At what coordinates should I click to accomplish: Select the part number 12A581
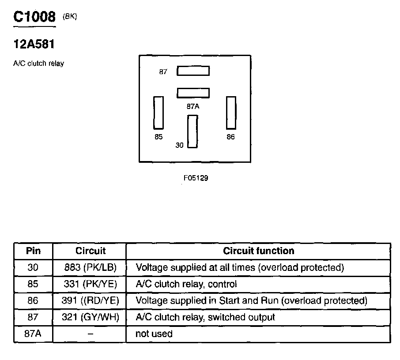[34, 44]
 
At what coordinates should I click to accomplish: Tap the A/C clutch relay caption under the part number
[39, 64]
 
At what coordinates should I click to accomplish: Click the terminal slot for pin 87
[193, 71]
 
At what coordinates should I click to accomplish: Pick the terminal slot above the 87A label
[193, 93]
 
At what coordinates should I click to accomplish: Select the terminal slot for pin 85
[158, 112]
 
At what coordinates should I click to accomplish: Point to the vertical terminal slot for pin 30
[192, 131]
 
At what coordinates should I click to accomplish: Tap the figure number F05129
[196, 179]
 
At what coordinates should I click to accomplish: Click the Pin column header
[33, 251]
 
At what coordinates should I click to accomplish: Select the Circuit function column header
[258, 251]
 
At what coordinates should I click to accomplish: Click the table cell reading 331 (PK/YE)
[90, 284]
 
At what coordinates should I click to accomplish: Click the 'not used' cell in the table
[154, 334]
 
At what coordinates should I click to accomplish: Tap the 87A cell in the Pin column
[33, 334]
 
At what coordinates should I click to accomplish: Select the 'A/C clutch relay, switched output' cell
[205, 317]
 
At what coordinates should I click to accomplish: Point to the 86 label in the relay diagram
[231, 137]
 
